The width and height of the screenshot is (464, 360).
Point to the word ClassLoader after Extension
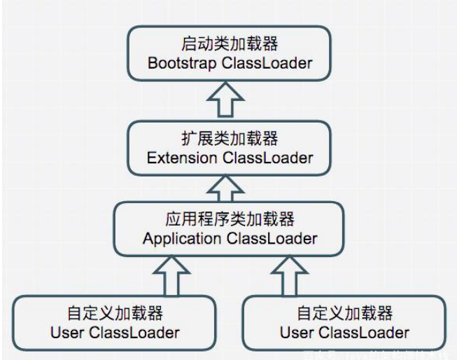(267, 158)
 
